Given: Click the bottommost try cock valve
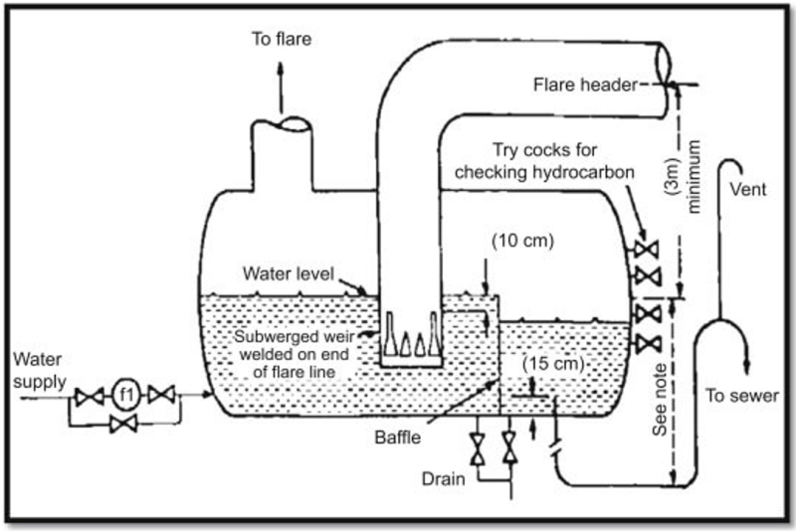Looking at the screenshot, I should (x=648, y=344).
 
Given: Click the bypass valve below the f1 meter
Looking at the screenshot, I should (x=124, y=425).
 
